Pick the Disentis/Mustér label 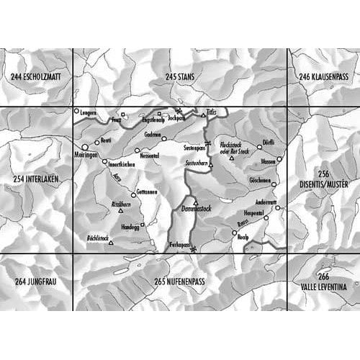coord(325,183)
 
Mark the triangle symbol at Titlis coord(202,115)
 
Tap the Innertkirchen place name coord(122,163)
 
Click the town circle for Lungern coord(77,112)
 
